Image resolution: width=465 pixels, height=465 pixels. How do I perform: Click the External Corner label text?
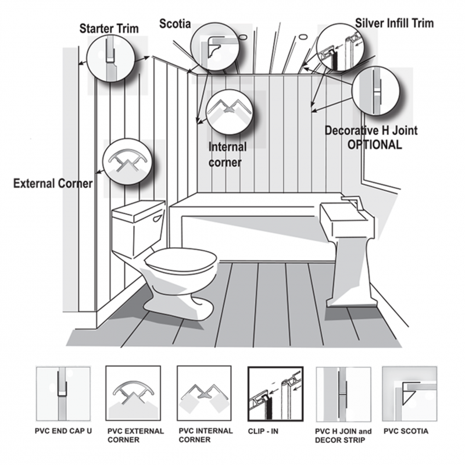pos(53,184)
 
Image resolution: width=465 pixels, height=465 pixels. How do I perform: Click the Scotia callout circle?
pos(213,47)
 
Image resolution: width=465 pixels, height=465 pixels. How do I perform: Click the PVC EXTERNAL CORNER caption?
pos(135,436)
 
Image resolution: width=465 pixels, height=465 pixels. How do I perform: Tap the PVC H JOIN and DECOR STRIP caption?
pos(342,436)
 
